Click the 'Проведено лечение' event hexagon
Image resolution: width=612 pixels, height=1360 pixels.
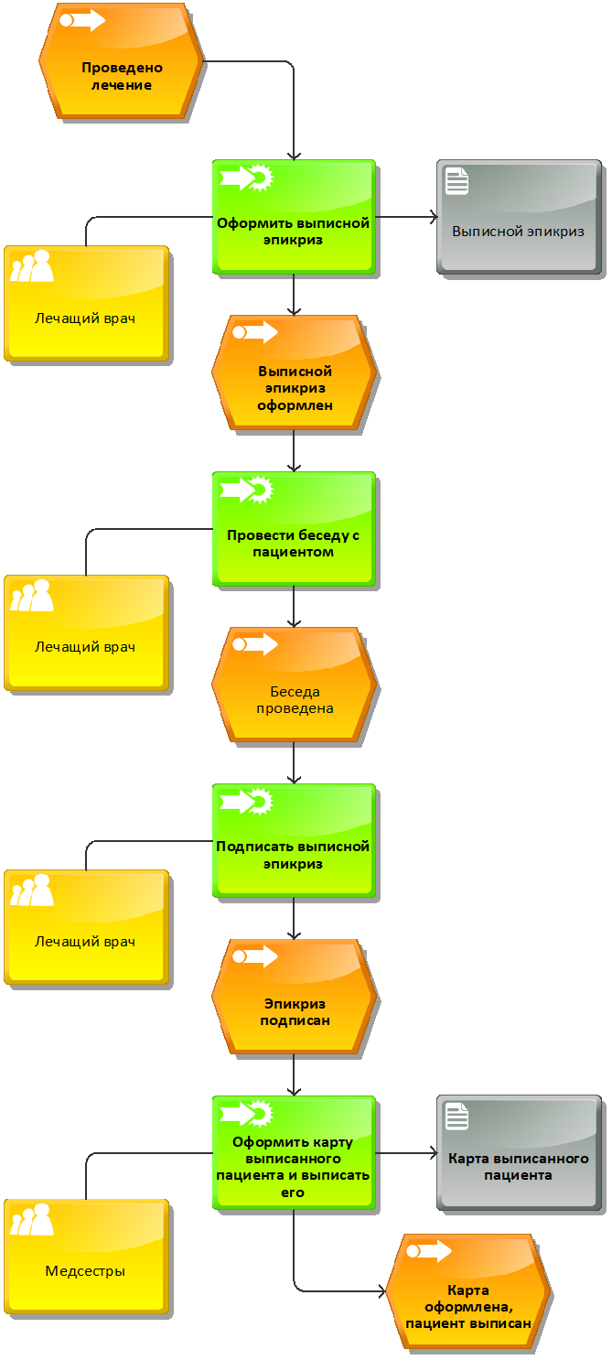[x=122, y=60]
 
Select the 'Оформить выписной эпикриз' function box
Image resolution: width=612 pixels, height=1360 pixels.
[x=294, y=217]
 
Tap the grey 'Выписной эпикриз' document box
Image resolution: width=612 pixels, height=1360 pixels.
[x=519, y=217]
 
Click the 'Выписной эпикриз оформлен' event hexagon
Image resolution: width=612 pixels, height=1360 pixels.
[x=294, y=372]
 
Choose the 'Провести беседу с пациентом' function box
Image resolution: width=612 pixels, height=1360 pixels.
[x=294, y=529]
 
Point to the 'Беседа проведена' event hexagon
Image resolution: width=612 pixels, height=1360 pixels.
[x=294, y=685]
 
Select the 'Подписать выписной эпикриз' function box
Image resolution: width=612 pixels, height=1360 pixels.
[x=294, y=841]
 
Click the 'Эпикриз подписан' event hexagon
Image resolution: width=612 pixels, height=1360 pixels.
[x=294, y=997]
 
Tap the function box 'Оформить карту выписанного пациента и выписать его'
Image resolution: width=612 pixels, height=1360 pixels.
[x=294, y=1153]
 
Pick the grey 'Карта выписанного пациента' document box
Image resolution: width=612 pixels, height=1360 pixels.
[x=519, y=1153]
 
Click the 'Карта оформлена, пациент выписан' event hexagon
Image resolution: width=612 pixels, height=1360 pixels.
[x=468, y=1292]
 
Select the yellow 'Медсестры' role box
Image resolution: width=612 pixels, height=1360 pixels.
[x=86, y=1257]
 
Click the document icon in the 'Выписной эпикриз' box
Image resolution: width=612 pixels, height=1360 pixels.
[x=456, y=181]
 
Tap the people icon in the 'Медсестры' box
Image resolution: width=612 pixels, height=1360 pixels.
[x=32, y=1219]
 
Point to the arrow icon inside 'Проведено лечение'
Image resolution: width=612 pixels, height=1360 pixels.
[x=82, y=20]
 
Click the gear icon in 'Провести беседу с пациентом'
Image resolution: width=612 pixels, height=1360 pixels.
[x=261, y=491]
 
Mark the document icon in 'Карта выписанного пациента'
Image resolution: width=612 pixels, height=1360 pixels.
[x=456, y=1117]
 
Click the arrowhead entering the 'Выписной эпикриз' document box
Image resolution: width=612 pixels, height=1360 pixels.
[x=434, y=217]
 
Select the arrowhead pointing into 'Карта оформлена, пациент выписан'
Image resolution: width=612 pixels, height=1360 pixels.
[x=382, y=1292]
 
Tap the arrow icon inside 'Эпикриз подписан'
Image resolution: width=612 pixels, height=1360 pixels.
[x=255, y=956]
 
